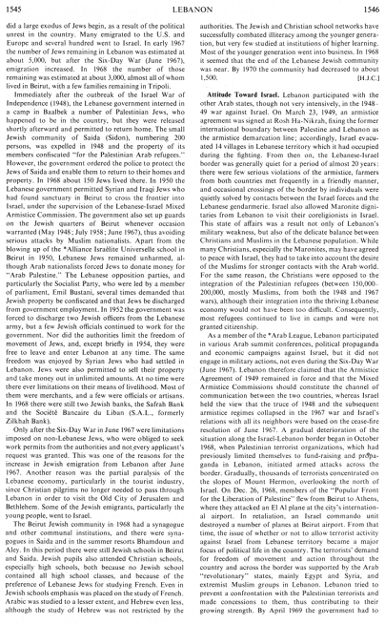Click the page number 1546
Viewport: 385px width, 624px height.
pyautogui.click(x=367, y=8)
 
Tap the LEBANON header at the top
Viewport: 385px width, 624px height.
pyautogui.click(x=192, y=8)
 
